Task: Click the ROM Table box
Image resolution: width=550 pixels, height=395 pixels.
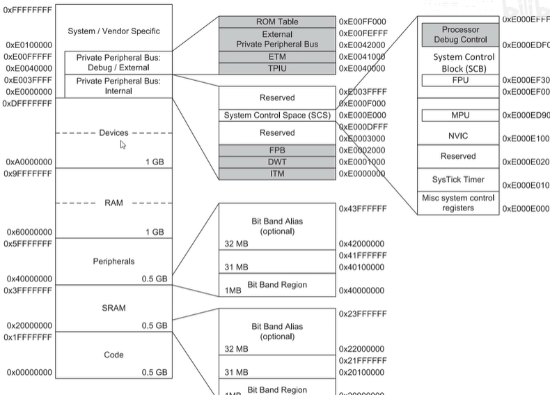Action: point(278,22)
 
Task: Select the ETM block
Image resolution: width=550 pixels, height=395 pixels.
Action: point(278,56)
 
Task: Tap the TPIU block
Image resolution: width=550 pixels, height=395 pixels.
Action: point(278,68)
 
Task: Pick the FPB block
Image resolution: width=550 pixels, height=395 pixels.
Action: point(278,150)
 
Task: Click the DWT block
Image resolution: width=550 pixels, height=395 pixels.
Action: point(278,162)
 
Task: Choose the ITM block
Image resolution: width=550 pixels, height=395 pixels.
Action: point(278,173)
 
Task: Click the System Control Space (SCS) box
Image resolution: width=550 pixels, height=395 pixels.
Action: point(278,115)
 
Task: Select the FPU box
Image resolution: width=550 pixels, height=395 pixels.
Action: point(458,80)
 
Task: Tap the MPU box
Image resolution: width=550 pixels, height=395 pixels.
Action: point(458,115)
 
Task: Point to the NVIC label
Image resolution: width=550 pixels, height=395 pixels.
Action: point(458,136)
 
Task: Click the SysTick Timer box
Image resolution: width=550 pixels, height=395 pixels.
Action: point(458,179)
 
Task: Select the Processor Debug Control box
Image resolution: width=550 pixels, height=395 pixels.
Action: point(459,34)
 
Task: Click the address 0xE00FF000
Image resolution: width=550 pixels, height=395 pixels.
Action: point(362,22)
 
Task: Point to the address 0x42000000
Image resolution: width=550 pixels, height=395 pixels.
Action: point(362,244)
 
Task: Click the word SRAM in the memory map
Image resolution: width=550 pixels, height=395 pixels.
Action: point(113,308)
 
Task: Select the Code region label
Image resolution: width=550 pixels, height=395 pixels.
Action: point(113,355)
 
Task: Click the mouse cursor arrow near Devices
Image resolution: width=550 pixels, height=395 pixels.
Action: point(123,145)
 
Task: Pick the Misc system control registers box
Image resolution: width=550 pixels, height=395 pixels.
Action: point(458,203)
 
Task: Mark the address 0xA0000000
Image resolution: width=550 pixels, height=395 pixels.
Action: point(29,162)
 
